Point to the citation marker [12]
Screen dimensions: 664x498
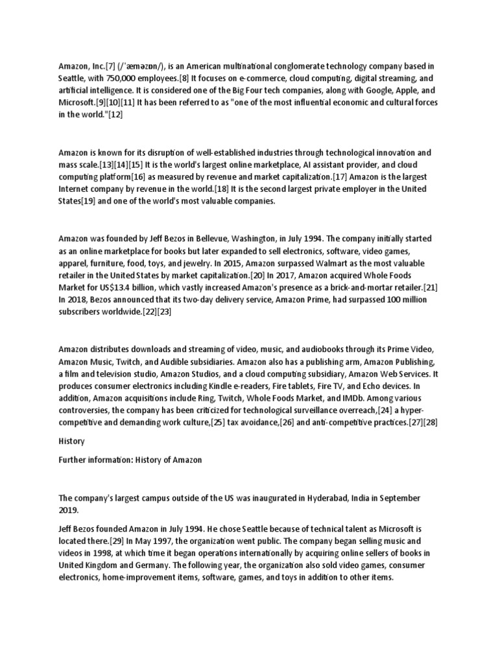coord(115,114)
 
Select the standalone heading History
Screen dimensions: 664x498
coord(71,441)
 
